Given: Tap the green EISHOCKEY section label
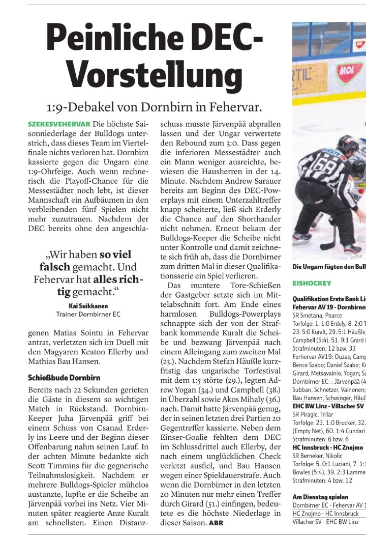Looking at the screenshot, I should [312, 283].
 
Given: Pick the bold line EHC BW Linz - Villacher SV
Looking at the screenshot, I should [328, 406].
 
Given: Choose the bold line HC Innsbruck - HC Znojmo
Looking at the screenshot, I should [328, 447].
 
